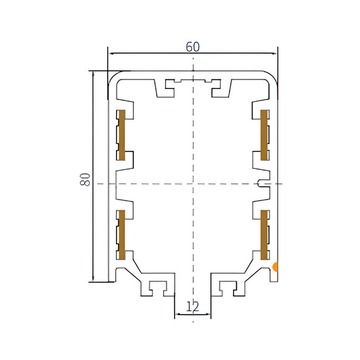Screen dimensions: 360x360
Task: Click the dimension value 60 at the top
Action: pos(193,47)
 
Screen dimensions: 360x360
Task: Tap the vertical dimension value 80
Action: pos(85,179)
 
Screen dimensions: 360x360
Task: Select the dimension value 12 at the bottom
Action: pos(193,307)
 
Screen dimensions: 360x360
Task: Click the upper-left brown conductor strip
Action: pos(122,135)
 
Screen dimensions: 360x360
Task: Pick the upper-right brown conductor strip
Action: pos(264,135)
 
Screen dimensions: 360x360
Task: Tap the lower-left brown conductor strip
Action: pos(122,235)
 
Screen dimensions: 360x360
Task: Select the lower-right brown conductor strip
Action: pos(264,235)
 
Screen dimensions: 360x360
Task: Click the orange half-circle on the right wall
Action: pos(275,267)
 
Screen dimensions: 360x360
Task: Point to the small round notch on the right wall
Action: pos(259,184)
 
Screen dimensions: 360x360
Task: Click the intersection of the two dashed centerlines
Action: pos(193,184)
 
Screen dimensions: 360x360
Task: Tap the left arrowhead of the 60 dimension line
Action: pos(111,53)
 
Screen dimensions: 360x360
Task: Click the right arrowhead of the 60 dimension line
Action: pos(274,53)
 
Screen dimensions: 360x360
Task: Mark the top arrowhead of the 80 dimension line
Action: pos(93,74)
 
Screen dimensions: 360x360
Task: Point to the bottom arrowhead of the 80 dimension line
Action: pos(93,278)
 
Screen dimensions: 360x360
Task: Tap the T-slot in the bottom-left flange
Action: pos(158,288)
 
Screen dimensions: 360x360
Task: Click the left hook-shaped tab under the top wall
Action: pos(165,88)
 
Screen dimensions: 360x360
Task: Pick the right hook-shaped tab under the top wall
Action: pos(221,88)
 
